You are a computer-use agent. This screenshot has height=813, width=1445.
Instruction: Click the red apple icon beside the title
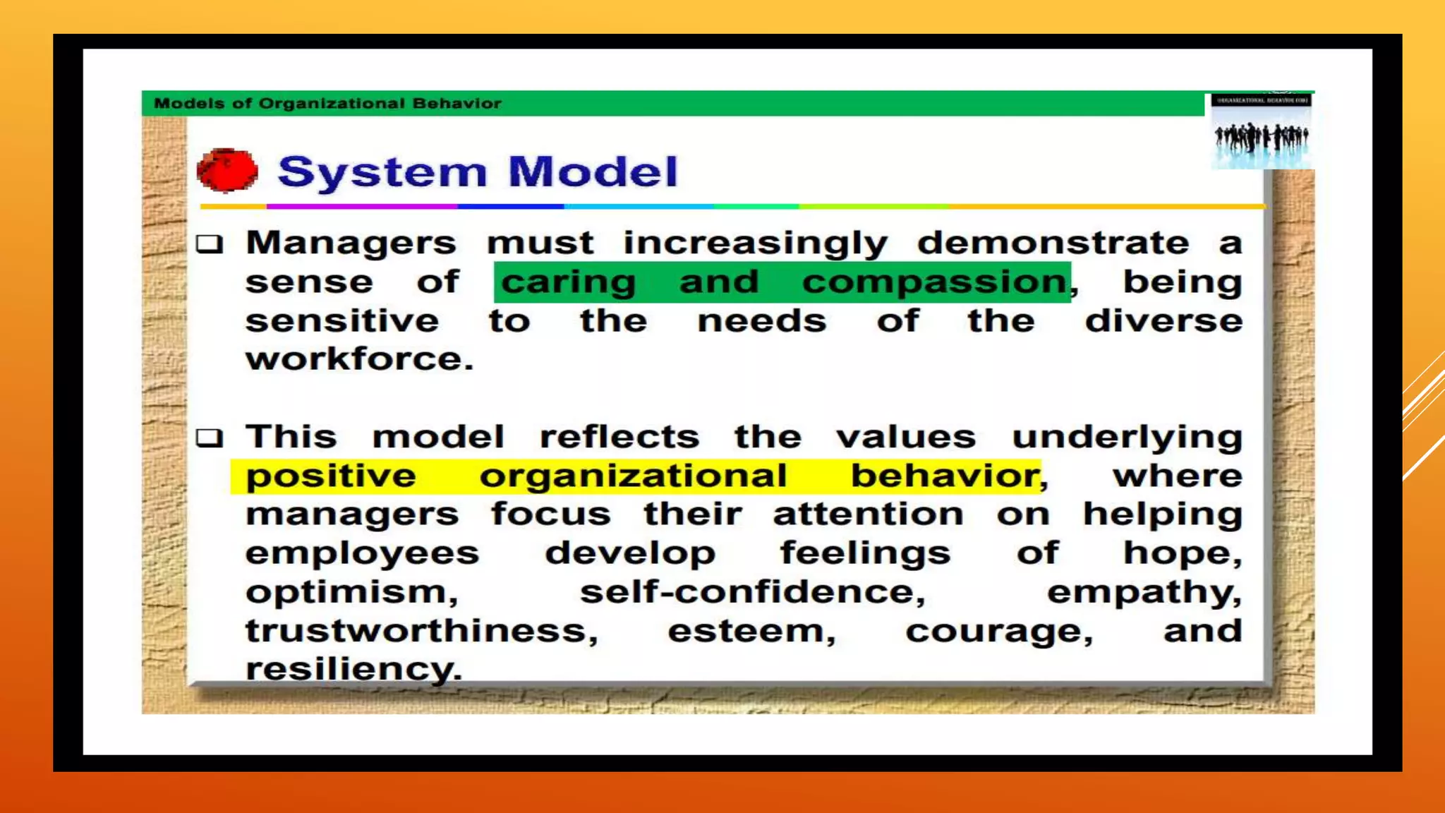pyautogui.click(x=227, y=171)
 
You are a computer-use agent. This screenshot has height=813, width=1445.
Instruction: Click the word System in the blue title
pyautogui.click(x=382, y=172)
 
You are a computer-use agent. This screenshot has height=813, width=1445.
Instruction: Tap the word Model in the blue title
pyautogui.click(x=593, y=172)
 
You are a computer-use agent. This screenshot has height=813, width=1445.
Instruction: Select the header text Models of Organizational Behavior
pyautogui.click(x=327, y=104)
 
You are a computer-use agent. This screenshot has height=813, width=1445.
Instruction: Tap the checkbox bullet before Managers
pyautogui.click(x=210, y=244)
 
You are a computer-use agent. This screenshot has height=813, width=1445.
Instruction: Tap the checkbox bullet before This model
pyautogui.click(x=210, y=438)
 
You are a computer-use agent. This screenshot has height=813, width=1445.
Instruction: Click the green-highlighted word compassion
pyautogui.click(x=935, y=282)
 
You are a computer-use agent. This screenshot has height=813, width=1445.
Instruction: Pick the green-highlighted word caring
pyautogui.click(x=569, y=282)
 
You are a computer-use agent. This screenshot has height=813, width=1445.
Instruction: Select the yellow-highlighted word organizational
pyautogui.click(x=633, y=476)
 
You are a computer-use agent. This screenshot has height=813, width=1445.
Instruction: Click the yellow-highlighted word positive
pyautogui.click(x=331, y=476)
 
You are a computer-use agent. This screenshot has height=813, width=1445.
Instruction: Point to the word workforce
pyautogui.click(x=359, y=359)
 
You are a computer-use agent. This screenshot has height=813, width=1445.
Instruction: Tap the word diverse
pyautogui.click(x=1163, y=321)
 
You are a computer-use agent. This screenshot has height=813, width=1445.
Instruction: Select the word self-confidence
pyautogui.click(x=752, y=592)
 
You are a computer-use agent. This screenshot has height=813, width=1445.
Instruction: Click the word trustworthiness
pyautogui.click(x=421, y=631)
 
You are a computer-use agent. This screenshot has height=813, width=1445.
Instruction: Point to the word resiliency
pyautogui.click(x=353, y=668)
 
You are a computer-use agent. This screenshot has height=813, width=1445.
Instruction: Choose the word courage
pyautogui.click(x=999, y=631)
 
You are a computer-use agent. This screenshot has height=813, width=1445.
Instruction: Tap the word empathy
pyautogui.click(x=1144, y=592)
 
